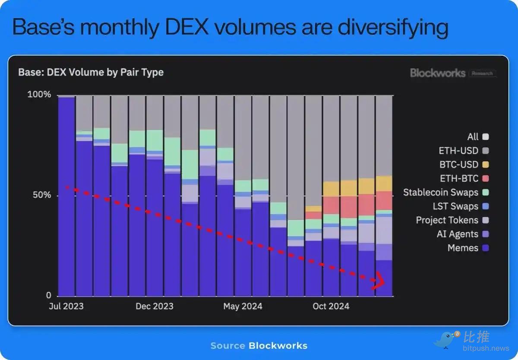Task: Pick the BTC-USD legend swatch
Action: coord(486,164)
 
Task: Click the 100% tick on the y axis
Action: coord(39,95)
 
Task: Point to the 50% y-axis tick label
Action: coord(42,195)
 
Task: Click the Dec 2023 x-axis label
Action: coord(154,306)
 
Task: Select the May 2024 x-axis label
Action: coord(243,306)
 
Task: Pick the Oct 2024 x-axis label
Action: coord(331,306)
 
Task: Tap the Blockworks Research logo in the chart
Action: coord(453,73)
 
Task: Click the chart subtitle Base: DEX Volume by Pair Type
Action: coord(91,72)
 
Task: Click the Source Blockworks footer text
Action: coord(259,346)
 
